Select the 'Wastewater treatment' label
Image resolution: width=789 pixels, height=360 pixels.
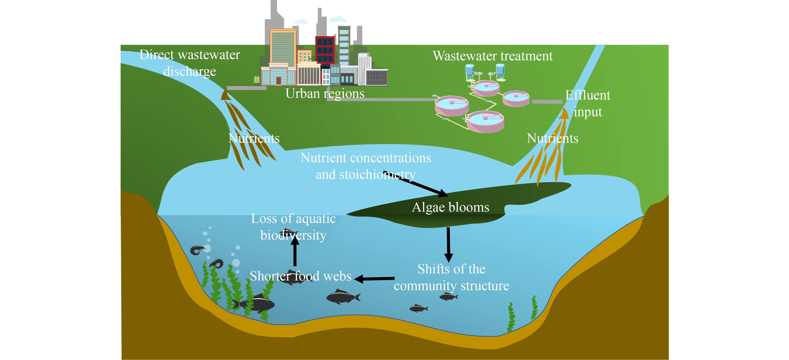[x=493, y=56]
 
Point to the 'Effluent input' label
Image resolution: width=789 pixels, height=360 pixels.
[x=587, y=104]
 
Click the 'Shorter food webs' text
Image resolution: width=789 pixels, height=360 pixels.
[x=301, y=276]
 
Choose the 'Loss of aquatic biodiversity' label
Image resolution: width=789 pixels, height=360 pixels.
[x=293, y=227]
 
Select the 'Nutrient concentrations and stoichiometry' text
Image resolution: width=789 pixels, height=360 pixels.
[x=365, y=166]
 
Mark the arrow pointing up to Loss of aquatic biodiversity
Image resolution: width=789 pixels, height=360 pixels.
[x=295, y=253]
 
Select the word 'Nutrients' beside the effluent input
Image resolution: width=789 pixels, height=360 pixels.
[x=552, y=138]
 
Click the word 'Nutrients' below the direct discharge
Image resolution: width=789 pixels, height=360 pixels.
[x=254, y=138]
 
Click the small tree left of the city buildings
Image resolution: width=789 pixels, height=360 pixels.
[x=257, y=80]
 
